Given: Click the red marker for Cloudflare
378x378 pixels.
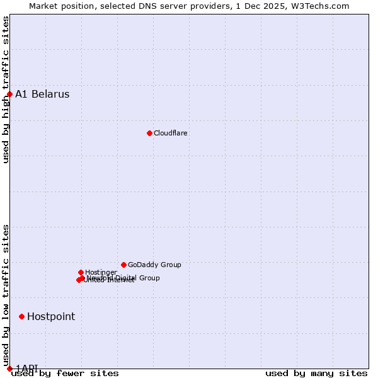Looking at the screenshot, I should click(149, 133).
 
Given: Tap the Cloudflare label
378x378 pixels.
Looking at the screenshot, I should click(171, 133).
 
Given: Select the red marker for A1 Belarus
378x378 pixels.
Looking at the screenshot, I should click(9, 94).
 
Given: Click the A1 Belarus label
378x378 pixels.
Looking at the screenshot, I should click(42, 94).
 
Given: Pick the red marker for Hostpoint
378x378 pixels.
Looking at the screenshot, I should click(21, 316).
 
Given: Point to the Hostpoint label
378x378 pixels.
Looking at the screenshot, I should click(51, 317).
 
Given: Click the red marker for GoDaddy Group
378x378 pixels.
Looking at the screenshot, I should click(123, 265).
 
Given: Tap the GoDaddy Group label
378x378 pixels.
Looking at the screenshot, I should click(154, 265).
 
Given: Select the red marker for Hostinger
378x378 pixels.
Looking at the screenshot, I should click(81, 272).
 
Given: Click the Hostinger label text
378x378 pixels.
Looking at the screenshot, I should click(101, 272).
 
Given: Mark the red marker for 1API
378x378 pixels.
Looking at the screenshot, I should click(9, 369).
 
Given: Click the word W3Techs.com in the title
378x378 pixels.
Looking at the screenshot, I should click(323, 6).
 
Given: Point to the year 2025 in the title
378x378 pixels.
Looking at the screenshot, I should click(279, 6).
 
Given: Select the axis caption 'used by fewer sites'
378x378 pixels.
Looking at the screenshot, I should click(65, 373).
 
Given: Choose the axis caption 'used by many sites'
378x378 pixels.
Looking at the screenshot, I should click(316, 373).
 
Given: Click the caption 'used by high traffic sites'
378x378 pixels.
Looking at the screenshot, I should click(6, 89).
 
